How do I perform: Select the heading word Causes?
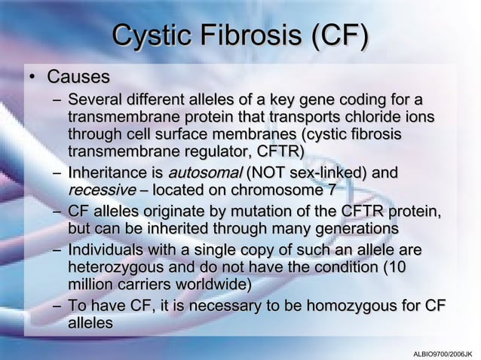pyautogui.click(x=78, y=78)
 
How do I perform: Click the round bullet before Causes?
pyautogui.click(x=32, y=78)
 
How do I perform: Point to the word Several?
pyautogui.click(x=93, y=100)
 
